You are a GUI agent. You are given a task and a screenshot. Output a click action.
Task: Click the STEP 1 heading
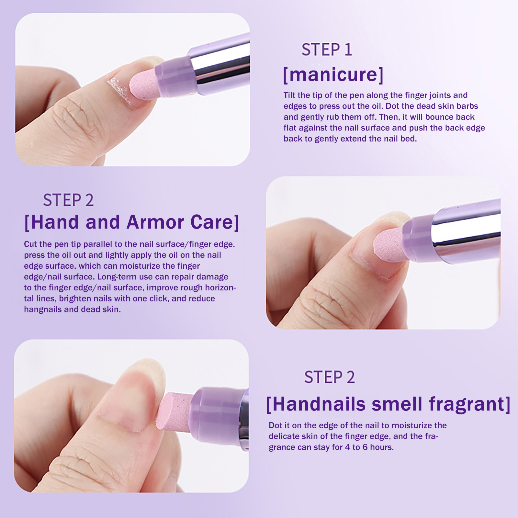click(x=327, y=50)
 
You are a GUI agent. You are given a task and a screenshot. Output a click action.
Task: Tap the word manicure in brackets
click(x=333, y=74)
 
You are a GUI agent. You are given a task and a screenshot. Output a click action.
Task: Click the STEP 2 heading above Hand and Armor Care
click(x=68, y=200)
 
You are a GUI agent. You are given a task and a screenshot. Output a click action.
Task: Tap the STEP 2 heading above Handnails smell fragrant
click(x=330, y=377)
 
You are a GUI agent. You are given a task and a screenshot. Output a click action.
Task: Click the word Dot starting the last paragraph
click(x=276, y=425)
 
